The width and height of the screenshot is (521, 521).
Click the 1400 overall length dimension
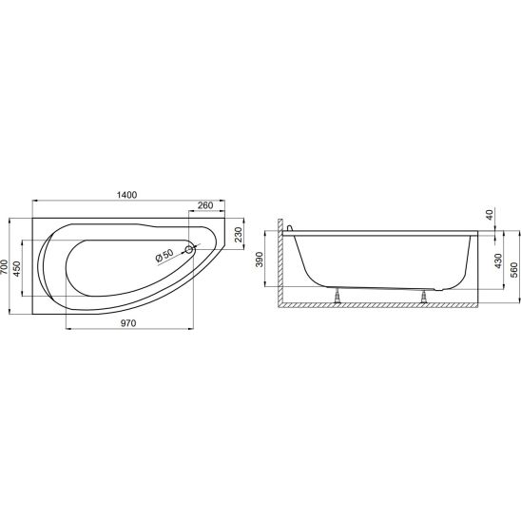point(127,195)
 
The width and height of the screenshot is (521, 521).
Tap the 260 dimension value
point(205,205)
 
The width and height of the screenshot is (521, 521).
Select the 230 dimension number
point(240,235)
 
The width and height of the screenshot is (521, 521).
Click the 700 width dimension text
point(4,266)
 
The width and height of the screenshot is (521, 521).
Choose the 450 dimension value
point(16,268)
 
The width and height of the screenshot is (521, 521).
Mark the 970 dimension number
point(128,323)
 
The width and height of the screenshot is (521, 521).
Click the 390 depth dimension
point(260,260)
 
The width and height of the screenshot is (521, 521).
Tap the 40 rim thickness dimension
point(490,214)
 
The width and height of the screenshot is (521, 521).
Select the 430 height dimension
point(498,261)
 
